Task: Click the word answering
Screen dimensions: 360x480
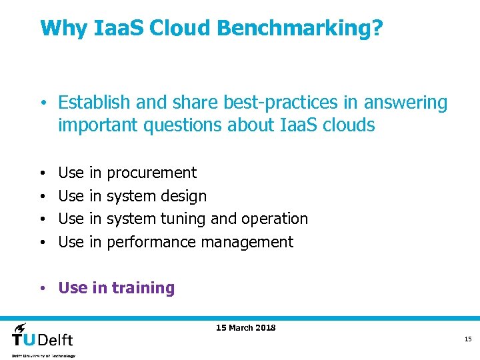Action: point(407,104)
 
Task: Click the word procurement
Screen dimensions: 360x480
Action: point(151,173)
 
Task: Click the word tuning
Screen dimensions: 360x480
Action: point(184,219)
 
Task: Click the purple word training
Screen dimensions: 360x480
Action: point(143,288)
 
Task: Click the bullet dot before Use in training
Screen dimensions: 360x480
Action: point(42,289)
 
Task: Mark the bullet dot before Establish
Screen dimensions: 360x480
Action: point(42,103)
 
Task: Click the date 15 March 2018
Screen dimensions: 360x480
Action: point(246,327)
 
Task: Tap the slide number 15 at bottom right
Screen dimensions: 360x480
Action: point(468,339)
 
